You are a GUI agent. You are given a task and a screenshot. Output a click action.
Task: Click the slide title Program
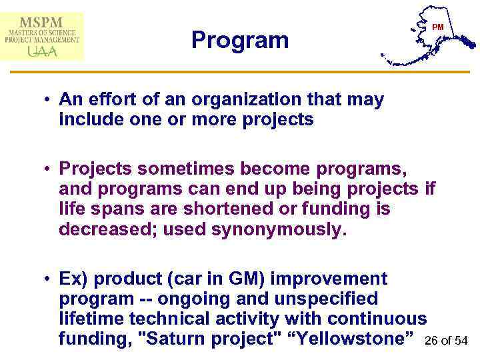point(240,41)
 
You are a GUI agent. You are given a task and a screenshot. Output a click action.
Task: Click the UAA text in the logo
point(42,51)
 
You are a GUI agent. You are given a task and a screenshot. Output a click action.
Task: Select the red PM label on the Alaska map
point(437,27)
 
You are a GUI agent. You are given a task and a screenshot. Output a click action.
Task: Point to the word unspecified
point(321,298)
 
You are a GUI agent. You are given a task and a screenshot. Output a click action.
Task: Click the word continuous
point(374,319)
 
